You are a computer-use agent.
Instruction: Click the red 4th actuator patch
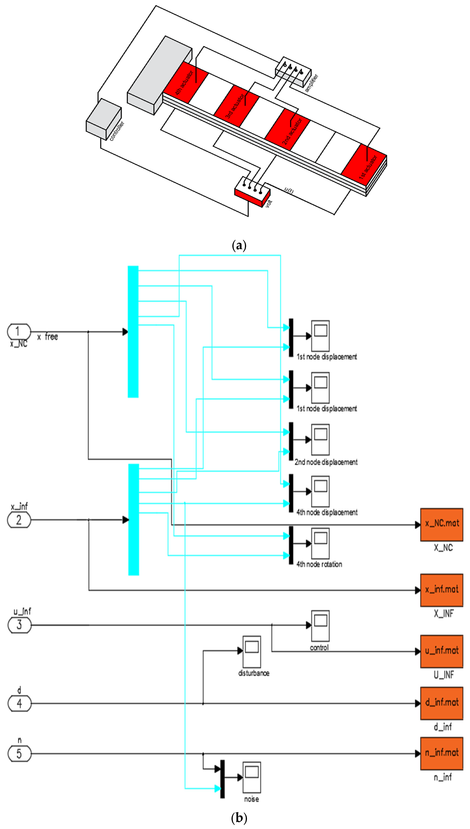(185, 83)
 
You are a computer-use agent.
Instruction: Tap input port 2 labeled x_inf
(19, 520)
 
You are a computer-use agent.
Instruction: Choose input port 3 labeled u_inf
(19, 625)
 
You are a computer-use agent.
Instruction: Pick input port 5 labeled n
(19, 754)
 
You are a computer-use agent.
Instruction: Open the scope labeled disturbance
(252, 652)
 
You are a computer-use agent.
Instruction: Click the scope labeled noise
(252, 778)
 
